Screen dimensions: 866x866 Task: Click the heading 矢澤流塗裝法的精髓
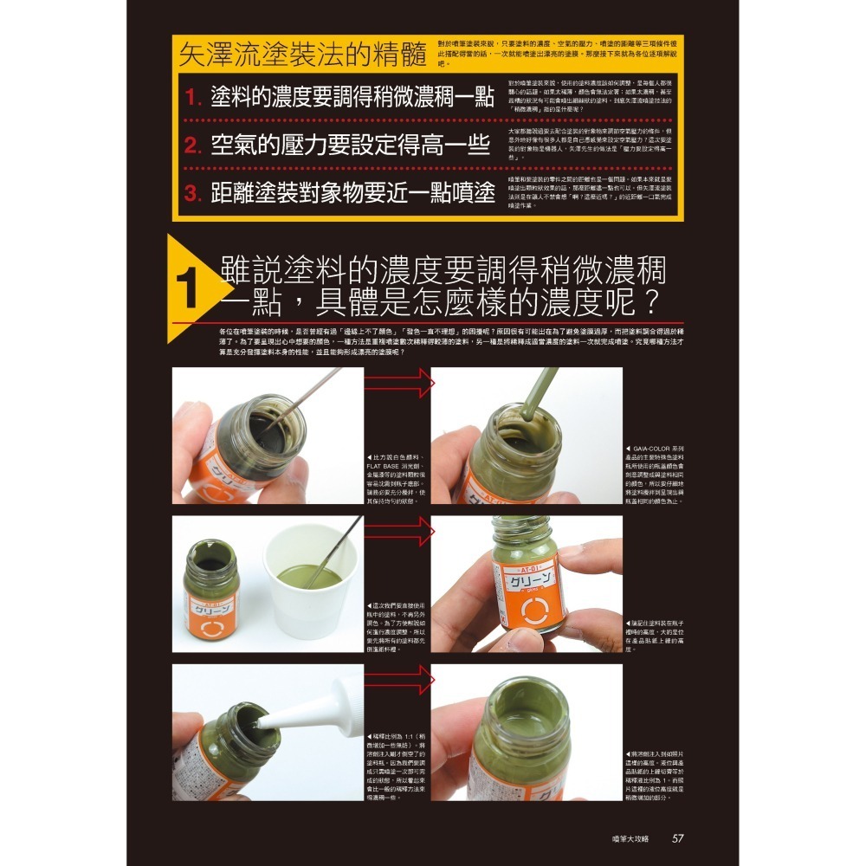click(x=302, y=55)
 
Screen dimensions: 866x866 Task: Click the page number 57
click(x=677, y=837)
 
